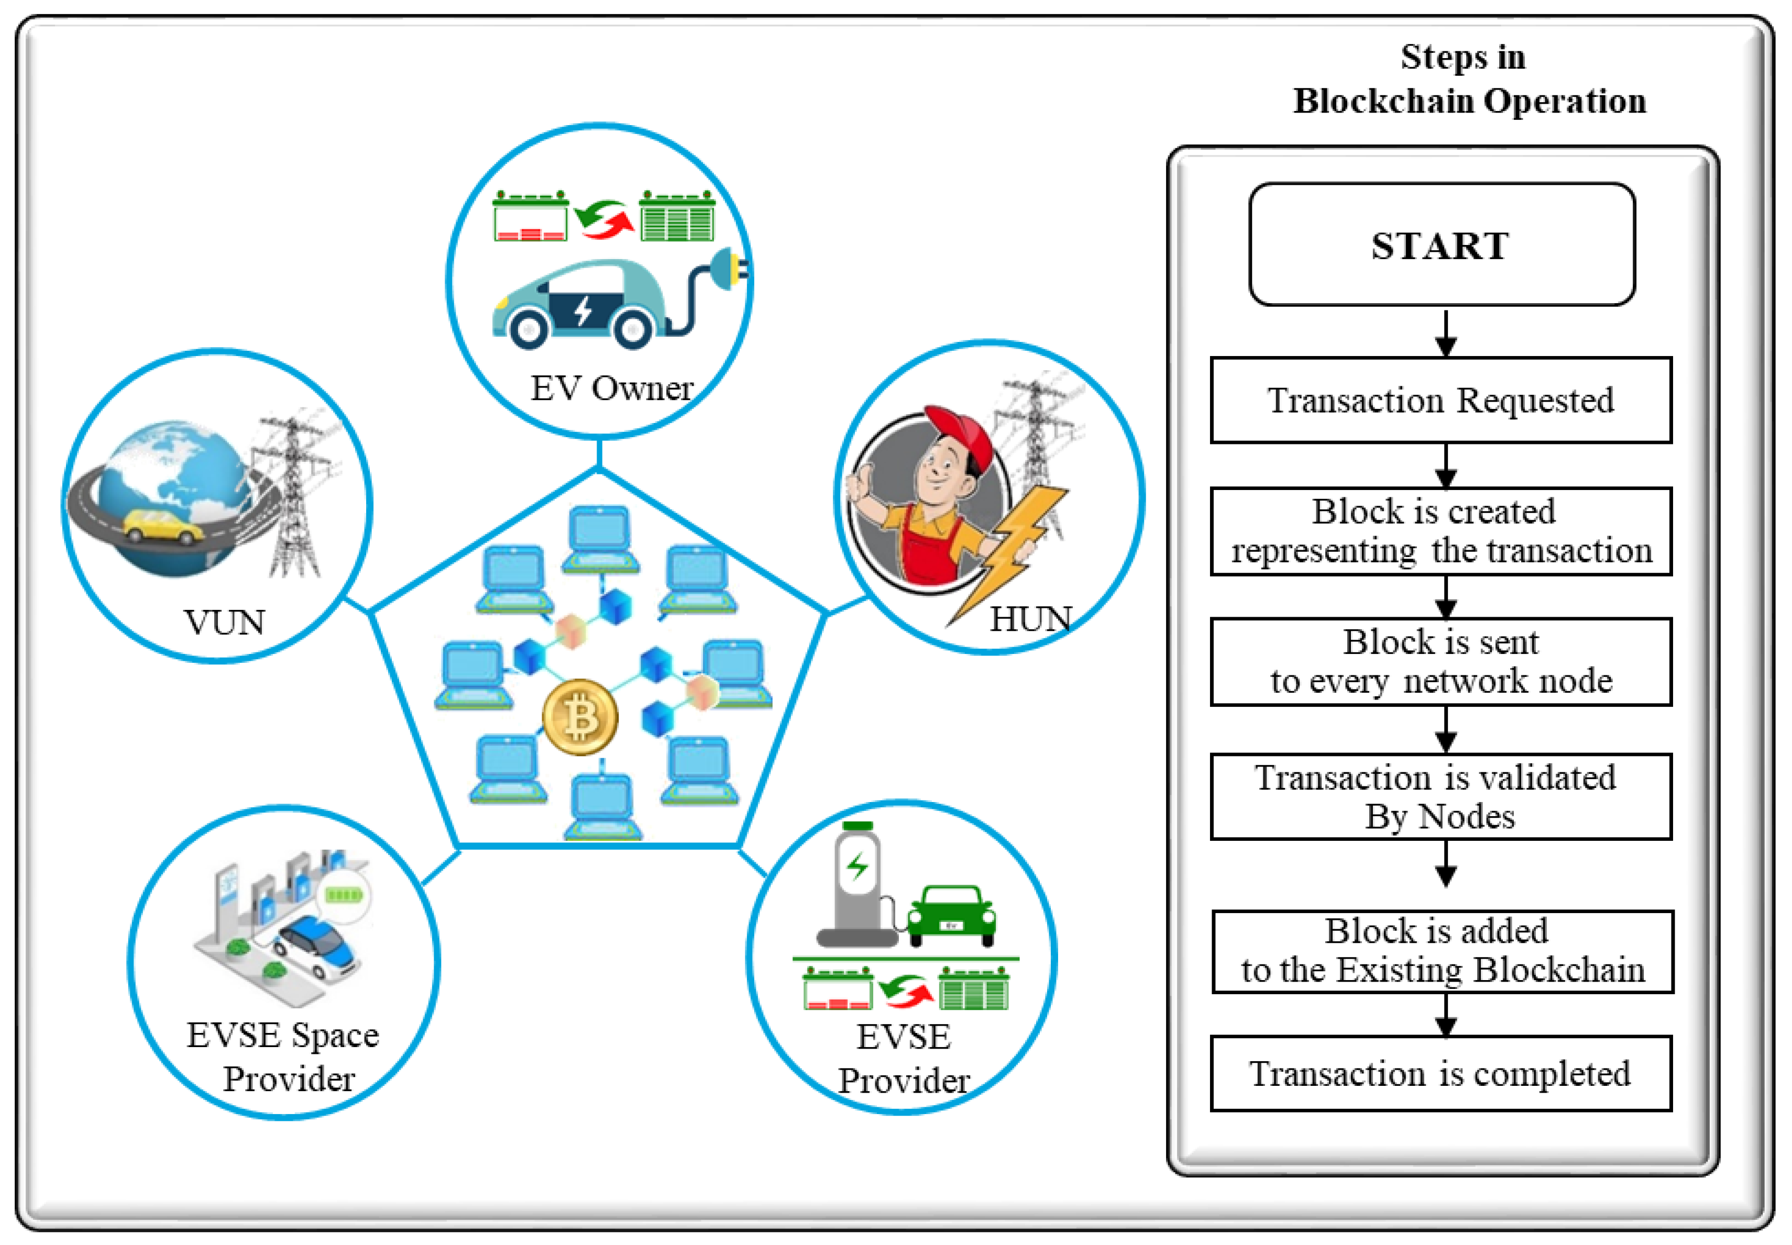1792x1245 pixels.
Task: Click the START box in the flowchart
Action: pyautogui.click(x=1441, y=245)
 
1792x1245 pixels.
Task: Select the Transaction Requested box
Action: pyautogui.click(x=1441, y=400)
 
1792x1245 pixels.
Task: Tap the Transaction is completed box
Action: pyautogui.click(x=1441, y=1074)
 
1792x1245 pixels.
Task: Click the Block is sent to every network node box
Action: pyautogui.click(x=1441, y=661)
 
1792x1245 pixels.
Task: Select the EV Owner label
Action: pyautogui.click(x=611, y=388)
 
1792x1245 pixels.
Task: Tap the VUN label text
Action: pyautogui.click(x=224, y=622)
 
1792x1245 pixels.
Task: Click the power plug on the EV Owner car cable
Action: pyautogui.click(x=729, y=269)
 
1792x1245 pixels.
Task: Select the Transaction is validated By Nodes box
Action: pyautogui.click(x=1441, y=796)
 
